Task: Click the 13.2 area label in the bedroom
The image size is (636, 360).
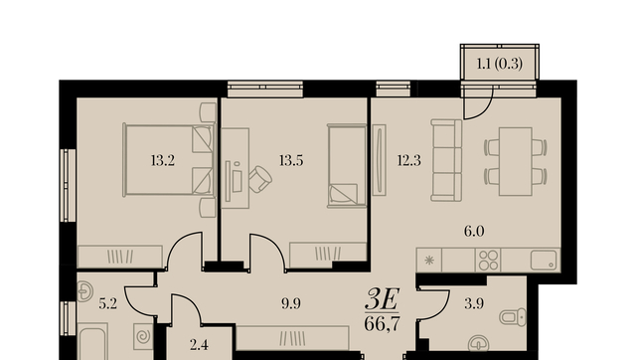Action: (163, 161)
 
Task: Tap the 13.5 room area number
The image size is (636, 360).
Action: (291, 161)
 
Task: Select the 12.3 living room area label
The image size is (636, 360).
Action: (408, 161)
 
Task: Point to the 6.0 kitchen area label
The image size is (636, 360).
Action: (474, 232)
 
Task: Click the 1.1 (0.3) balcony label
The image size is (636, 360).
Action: (499, 64)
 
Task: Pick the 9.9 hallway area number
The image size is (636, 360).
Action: (291, 303)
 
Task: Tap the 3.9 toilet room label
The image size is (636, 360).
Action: (474, 303)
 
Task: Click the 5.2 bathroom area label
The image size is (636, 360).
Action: (108, 303)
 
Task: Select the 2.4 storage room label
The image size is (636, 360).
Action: (199, 345)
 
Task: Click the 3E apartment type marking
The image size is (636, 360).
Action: (382, 299)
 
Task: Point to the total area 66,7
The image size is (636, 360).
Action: (382, 324)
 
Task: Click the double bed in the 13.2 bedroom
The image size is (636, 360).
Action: (168, 160)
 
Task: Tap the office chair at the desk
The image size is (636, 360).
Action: (260, 179)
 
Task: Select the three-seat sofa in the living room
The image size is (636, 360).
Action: (446, 160)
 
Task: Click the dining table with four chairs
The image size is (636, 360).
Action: (516, 161)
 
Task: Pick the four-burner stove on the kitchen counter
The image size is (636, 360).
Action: (488, 261)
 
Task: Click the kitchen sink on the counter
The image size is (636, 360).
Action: (544, 261)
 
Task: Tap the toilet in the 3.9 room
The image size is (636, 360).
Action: (513, 317)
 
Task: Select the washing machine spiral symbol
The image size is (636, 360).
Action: (143, 336)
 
